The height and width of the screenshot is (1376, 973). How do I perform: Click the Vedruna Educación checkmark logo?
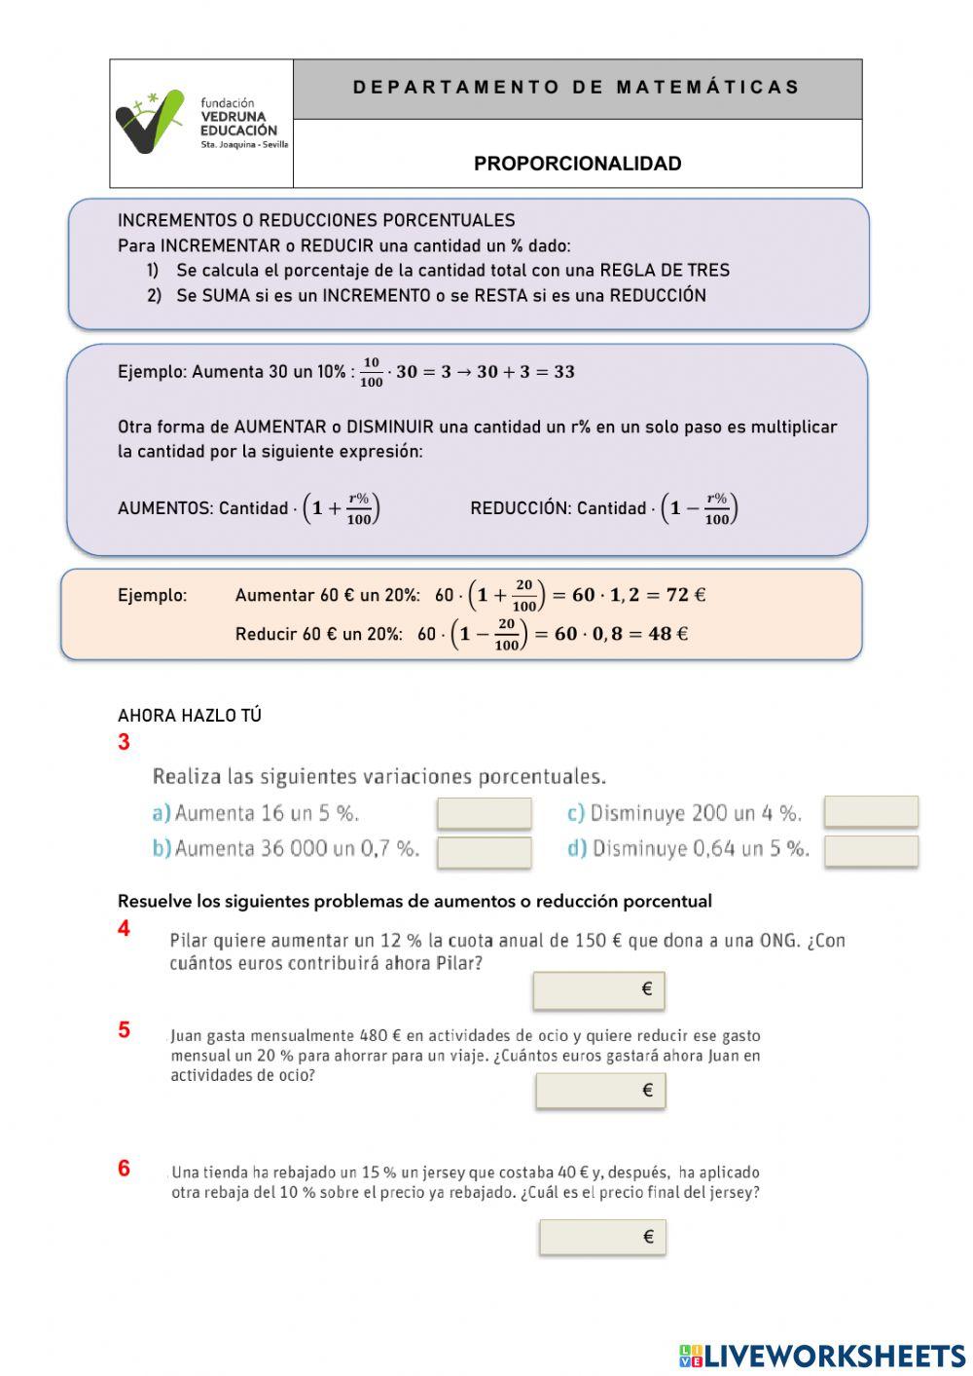pyautogui.click(x=149, y=122)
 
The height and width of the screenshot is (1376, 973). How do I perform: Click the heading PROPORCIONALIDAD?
pyautogui.click(x=577, y=164)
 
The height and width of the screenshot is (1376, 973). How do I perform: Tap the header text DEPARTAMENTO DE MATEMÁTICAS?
pyautogui.click(x=576, y=88)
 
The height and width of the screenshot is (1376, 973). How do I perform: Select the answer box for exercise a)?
pyautogui.click(x=484, y=813)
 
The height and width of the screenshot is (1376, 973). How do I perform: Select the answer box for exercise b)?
pyautogui.click(x=484, y=852)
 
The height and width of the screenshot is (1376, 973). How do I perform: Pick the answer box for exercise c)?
pyautogui.click(x=870, y=811)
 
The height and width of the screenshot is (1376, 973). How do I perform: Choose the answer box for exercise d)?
pyautogui.click(x=870, y=850)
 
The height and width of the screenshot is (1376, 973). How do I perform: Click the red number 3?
pyautogui.click(x=124, y=742)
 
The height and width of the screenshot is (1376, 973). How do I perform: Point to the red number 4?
pyautogui.click(x=124, y=929)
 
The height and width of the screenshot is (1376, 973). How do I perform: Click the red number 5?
pyautogui.click(x=124, y=1030)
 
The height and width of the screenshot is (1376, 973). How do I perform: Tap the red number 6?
pyautogui.click(x=124, y=1169)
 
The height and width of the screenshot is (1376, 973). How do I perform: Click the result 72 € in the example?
pyautogui.click(x=685, y=595)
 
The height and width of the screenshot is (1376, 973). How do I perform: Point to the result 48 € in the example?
pyautogui.click(x=667, y=634)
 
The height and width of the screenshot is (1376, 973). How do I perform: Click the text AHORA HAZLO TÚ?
pyautogui.click(x=190, y=716)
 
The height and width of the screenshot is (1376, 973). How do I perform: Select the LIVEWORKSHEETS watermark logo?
pyautogui.click(x=822, y=1356)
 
